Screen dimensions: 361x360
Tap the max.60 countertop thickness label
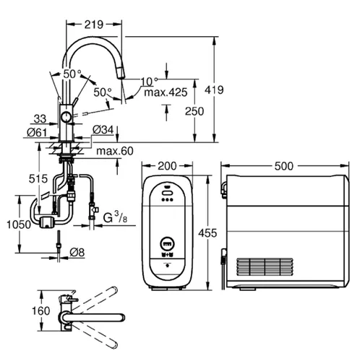click(x=113, y=150)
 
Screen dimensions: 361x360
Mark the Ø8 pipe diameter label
click(x=77, y=251)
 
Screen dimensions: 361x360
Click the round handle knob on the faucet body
click(x=66, y=117)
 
